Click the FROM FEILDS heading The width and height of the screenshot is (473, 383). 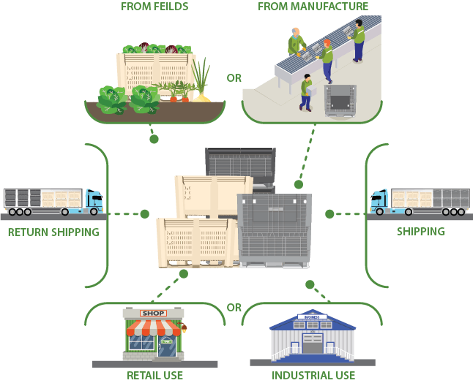(x=154, y=7)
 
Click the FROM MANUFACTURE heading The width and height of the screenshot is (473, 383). (x=313, y=7)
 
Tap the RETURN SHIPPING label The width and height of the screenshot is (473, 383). (x=53, y=232)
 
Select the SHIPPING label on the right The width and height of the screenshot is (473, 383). (x=420, y=232)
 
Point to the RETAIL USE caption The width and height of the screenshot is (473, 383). (x=154, y=376)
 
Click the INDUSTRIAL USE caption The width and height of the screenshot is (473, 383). (x=313, y=376)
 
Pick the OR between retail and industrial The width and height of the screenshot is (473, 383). (x=234, y=307)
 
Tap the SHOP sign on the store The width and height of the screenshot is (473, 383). (x=154, y=314)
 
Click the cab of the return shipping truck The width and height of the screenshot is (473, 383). (x=94, y=200)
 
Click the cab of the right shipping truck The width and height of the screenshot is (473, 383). (x=379, y=200)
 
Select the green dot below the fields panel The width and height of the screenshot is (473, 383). (x=154, y=138)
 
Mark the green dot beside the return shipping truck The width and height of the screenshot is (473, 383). (x=145, y=214)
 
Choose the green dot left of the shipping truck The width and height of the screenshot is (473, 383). (x=329, y=214)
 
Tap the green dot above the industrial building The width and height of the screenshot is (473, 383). (x=310, y=284)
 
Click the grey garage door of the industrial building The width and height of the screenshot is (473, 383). (x=313, y=344)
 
